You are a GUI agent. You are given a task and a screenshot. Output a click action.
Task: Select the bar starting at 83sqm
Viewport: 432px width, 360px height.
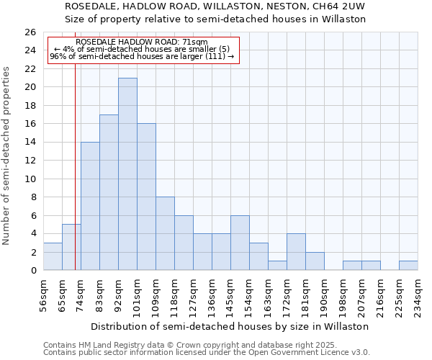109,192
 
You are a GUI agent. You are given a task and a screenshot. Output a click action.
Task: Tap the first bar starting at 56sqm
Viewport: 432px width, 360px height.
53,256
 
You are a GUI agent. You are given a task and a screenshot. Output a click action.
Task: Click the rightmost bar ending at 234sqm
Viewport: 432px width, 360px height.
408,266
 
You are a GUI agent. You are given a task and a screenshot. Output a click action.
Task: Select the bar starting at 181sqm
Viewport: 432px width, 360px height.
315,261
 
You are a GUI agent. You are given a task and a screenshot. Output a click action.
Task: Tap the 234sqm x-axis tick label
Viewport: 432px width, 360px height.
418,294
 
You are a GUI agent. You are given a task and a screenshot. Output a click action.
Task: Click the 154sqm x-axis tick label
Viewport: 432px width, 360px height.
249,294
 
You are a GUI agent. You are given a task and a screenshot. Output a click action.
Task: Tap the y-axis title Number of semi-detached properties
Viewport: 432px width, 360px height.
6,156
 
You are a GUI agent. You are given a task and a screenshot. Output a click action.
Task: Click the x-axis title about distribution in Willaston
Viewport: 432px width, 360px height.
230,326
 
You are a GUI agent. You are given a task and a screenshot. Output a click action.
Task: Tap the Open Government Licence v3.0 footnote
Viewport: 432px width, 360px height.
288,352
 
